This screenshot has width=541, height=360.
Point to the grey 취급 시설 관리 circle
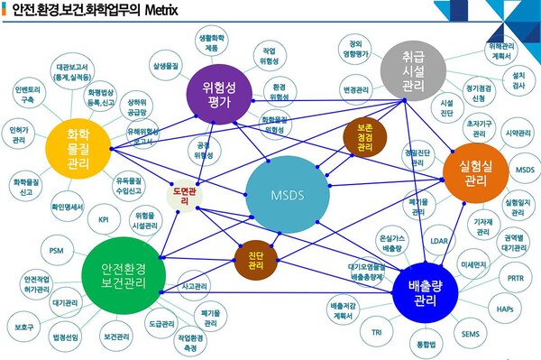[x=414, y=72]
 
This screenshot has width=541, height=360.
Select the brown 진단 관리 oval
[x=256, y=261]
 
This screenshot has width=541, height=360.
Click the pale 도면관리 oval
[x=184, y=196]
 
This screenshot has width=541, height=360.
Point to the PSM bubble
[x=57, y=249]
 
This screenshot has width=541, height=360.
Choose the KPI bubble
[x=104, y=219]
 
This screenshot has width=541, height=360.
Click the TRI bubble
[x=376, y=332]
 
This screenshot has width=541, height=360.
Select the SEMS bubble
[x=470, y=334]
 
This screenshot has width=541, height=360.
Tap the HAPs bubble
[x=504, y=309]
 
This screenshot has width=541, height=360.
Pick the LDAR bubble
[x=440, y=241]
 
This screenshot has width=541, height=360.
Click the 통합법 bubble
[x=423, y=344]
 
